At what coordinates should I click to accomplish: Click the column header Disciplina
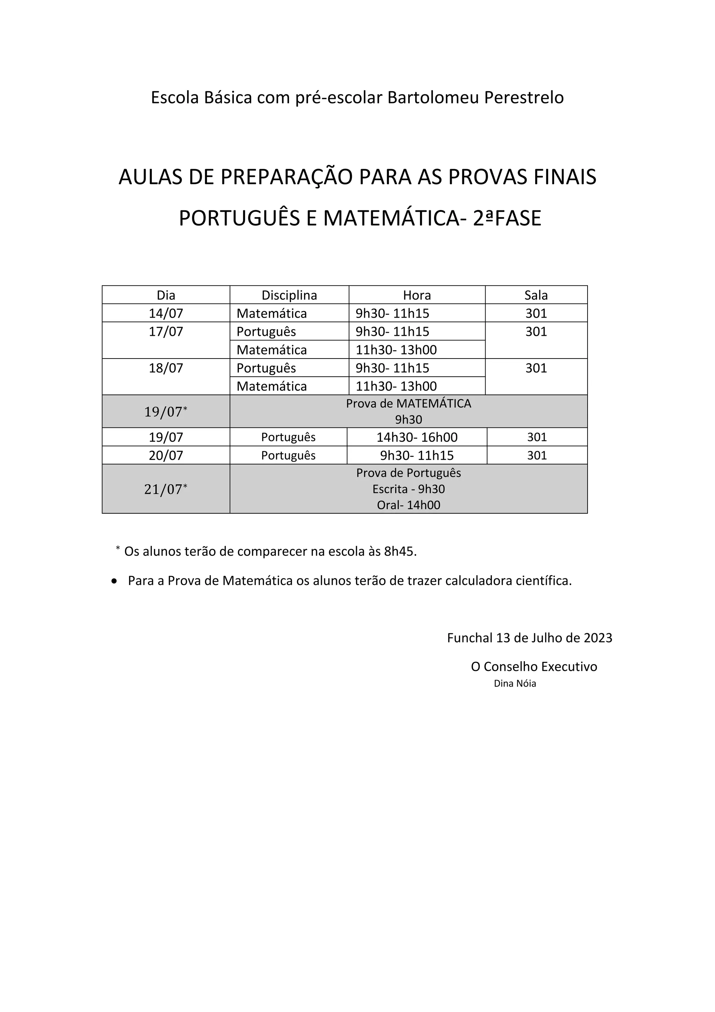point(289,295)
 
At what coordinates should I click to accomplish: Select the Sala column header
point(536,295)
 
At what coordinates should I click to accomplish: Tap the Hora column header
point(417,295)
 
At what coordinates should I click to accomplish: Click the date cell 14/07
point(165,313)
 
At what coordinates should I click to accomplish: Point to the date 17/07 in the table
point(165,332)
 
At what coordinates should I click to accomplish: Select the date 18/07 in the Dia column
point(165,368)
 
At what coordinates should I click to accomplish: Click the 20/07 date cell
point(165,455)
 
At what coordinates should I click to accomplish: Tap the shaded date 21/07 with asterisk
point(165,489)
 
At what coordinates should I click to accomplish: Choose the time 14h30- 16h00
point(417,437)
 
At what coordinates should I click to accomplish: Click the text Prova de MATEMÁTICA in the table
point(408,404)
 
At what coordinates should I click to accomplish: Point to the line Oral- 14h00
point(408,505)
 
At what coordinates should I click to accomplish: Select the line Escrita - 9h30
point(408,489)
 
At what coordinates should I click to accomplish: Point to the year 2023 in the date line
point(598,638)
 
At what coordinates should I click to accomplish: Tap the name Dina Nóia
point(515,684)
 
